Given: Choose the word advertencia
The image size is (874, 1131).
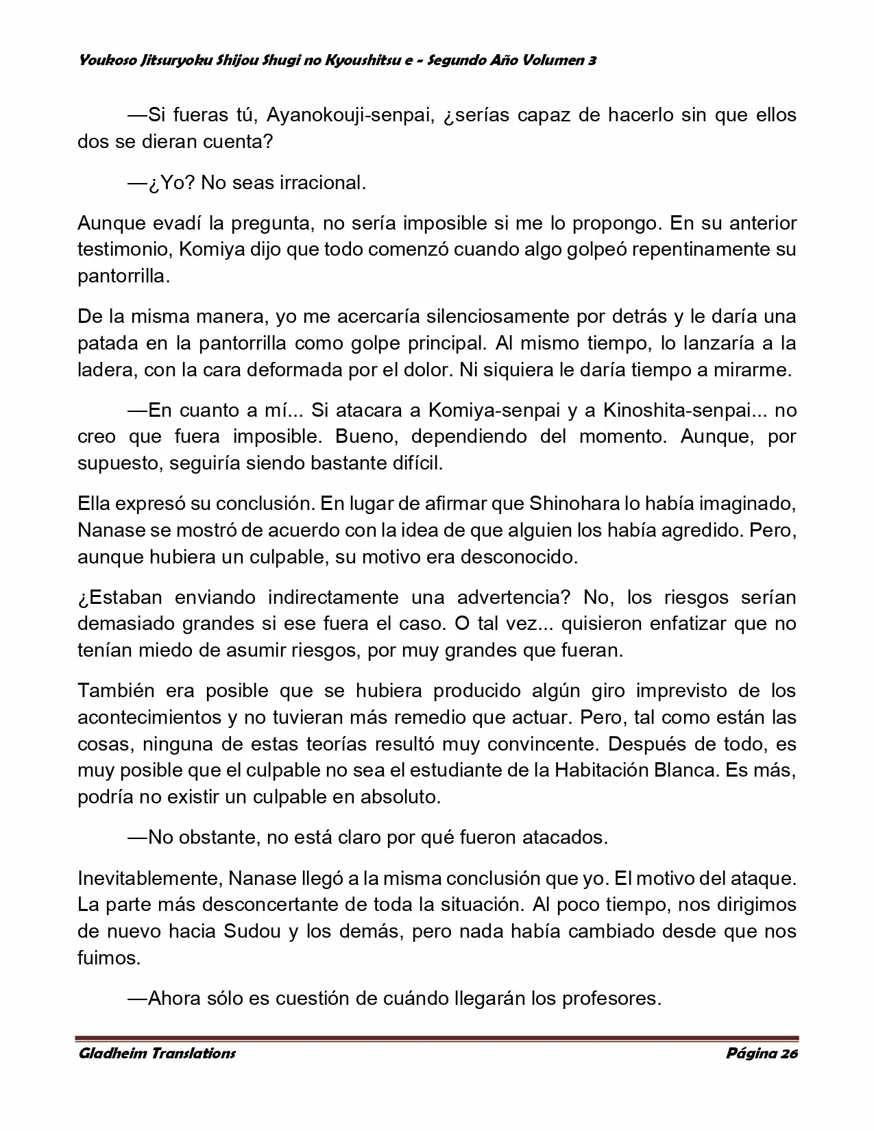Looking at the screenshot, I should pos(513,597).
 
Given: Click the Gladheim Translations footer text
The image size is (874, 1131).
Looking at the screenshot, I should pos(157,1053).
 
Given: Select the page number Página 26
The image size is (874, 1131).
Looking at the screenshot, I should pos(762,1053).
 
